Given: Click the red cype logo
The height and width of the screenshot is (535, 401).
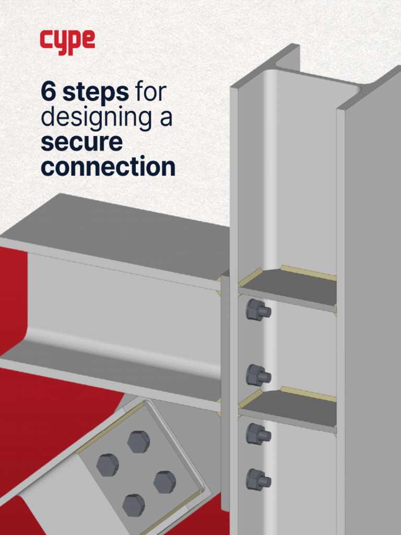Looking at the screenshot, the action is (67, 42).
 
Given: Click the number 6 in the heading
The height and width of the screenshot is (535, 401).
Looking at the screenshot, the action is (49, 92).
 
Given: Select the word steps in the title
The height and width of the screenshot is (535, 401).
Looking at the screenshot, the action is (96, 93).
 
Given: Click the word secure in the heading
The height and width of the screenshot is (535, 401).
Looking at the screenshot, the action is (81, 142).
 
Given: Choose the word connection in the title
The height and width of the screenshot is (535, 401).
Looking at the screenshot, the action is (108, 167).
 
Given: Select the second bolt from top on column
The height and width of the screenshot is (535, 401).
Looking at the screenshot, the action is (258, 375).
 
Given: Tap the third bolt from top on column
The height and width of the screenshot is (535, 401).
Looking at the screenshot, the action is (258, 434).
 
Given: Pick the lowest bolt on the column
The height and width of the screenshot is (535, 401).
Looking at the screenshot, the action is (258, 480).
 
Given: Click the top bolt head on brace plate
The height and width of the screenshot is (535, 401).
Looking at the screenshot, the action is (138, 442).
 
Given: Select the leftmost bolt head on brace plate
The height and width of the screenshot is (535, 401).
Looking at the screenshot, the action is (108, 465).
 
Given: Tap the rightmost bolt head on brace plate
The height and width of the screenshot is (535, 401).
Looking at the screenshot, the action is (164, 482).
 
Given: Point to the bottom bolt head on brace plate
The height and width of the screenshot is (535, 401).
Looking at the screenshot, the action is (134, 505).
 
